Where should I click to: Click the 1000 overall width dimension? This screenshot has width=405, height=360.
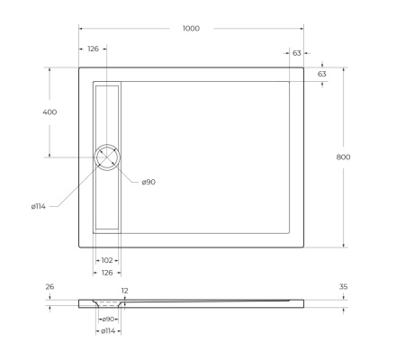(x=191, y=29)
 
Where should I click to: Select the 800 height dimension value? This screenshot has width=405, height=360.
(x=343, y=157)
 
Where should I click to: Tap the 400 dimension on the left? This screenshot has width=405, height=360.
(x=49, y=112)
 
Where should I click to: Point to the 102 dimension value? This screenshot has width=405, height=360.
(x=107, y=261)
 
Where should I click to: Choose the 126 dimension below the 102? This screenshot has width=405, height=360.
(x=107, y=272)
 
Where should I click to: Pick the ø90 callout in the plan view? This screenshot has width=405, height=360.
(x=148, y=183)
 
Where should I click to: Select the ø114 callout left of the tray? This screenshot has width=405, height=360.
(x=38, y=207)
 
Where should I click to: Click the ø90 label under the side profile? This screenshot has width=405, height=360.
(x=107, y=319)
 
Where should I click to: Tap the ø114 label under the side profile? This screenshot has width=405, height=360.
(x=107, y=331)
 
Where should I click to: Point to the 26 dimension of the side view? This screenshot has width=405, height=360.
(x=49, y=287)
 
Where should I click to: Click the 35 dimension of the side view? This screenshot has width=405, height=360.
(x=344, y=287)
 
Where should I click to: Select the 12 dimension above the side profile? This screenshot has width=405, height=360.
(x=125, y=291)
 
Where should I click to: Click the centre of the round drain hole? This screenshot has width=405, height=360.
(x=107, y=157)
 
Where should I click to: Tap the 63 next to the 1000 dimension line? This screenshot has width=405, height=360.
(x=296, y=53)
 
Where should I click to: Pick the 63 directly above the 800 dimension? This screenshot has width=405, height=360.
(x=322, y=73)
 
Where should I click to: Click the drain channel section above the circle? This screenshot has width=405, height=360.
(x=107, y=112)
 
